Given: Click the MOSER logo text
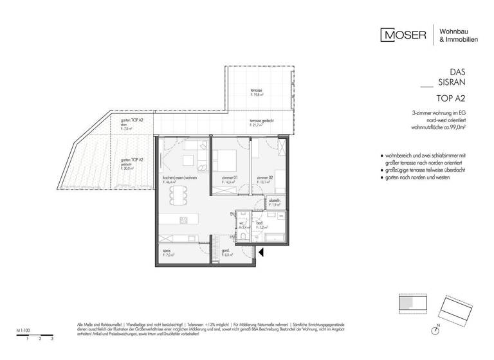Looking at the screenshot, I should point(403,35).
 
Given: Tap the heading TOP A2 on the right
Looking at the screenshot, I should point(451,98).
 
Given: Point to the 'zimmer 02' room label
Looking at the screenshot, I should point(261,178).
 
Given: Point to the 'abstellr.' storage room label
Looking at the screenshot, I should point(273,200).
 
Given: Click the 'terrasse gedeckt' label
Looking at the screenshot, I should point(261,121).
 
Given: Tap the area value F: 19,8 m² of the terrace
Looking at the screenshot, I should point(257,95).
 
